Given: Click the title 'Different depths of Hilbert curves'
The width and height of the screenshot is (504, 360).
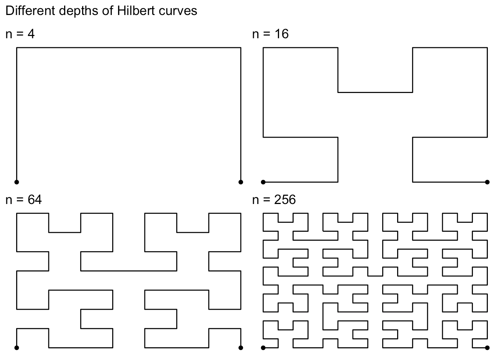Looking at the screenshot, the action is tap(101, 11).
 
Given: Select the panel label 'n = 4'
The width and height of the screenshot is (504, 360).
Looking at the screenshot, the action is tap(20, 34).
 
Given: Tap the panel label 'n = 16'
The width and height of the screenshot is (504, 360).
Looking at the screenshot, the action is tap(270, 34).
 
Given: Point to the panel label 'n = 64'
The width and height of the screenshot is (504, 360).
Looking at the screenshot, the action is tap(24, 199).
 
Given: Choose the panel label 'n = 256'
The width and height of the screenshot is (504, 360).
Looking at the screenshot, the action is tap(274, 199).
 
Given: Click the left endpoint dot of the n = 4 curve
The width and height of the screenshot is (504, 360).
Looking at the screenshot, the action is tap(16, 182).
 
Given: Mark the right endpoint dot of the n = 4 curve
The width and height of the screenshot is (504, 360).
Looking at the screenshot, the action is tap(241, 182).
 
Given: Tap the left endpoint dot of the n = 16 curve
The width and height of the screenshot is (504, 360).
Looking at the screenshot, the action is tap(263, 182).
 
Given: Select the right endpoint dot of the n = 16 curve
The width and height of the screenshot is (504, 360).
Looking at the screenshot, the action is tap(487, 182).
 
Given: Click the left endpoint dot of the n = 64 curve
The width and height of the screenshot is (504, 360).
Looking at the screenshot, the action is tap(16, 348).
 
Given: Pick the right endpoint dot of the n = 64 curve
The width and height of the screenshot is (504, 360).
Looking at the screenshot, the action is tap(241, 348).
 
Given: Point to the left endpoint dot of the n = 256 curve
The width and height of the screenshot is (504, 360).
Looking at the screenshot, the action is tap(263, 348).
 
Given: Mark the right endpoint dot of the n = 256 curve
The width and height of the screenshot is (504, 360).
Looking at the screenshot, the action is tap(487, 348).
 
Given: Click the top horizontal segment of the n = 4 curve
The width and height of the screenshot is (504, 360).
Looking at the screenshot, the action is tap(129, 48).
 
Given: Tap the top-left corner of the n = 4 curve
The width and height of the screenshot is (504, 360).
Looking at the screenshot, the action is tap(16, 48).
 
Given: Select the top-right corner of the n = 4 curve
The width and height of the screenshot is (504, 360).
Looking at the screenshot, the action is tap(241, 48).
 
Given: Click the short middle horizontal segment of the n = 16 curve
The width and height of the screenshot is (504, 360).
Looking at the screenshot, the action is tap(375, 92).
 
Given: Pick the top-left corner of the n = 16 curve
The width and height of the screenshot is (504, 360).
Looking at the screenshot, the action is tap(263, 48).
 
